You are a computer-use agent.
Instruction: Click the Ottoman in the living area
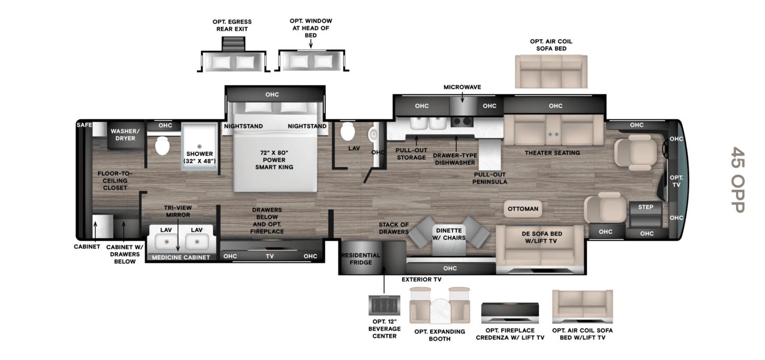coord(523,209)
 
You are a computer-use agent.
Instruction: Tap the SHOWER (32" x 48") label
coord(200,157)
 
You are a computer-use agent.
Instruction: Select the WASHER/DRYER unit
coord(125,136)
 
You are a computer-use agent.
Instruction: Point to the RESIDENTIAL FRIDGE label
coord(361,259)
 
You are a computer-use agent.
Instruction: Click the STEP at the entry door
coord(646,215)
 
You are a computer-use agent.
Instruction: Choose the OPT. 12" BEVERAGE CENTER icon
coord(384,306)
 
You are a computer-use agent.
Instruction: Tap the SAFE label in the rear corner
coord(84,125)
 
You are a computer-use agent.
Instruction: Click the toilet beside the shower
coord(162,146)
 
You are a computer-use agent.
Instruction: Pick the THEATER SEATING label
coord(552,153)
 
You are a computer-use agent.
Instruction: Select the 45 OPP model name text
coord(738,179)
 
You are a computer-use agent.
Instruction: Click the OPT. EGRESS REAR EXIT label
coord(232,25)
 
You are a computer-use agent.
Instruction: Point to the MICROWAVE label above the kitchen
coord(462,87)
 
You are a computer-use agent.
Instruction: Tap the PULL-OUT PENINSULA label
coord(489,178)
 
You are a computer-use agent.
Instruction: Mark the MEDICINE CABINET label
coord(181,257)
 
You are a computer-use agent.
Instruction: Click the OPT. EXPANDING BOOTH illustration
coord(440,306)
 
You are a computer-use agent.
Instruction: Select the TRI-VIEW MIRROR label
coord(178,211)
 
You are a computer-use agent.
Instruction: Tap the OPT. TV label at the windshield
coord(676,181)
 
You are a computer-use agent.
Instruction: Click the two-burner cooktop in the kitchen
coord(462,121)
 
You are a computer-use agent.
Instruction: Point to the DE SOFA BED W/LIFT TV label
coord(542,238)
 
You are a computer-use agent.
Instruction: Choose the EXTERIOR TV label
coord(421,279)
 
